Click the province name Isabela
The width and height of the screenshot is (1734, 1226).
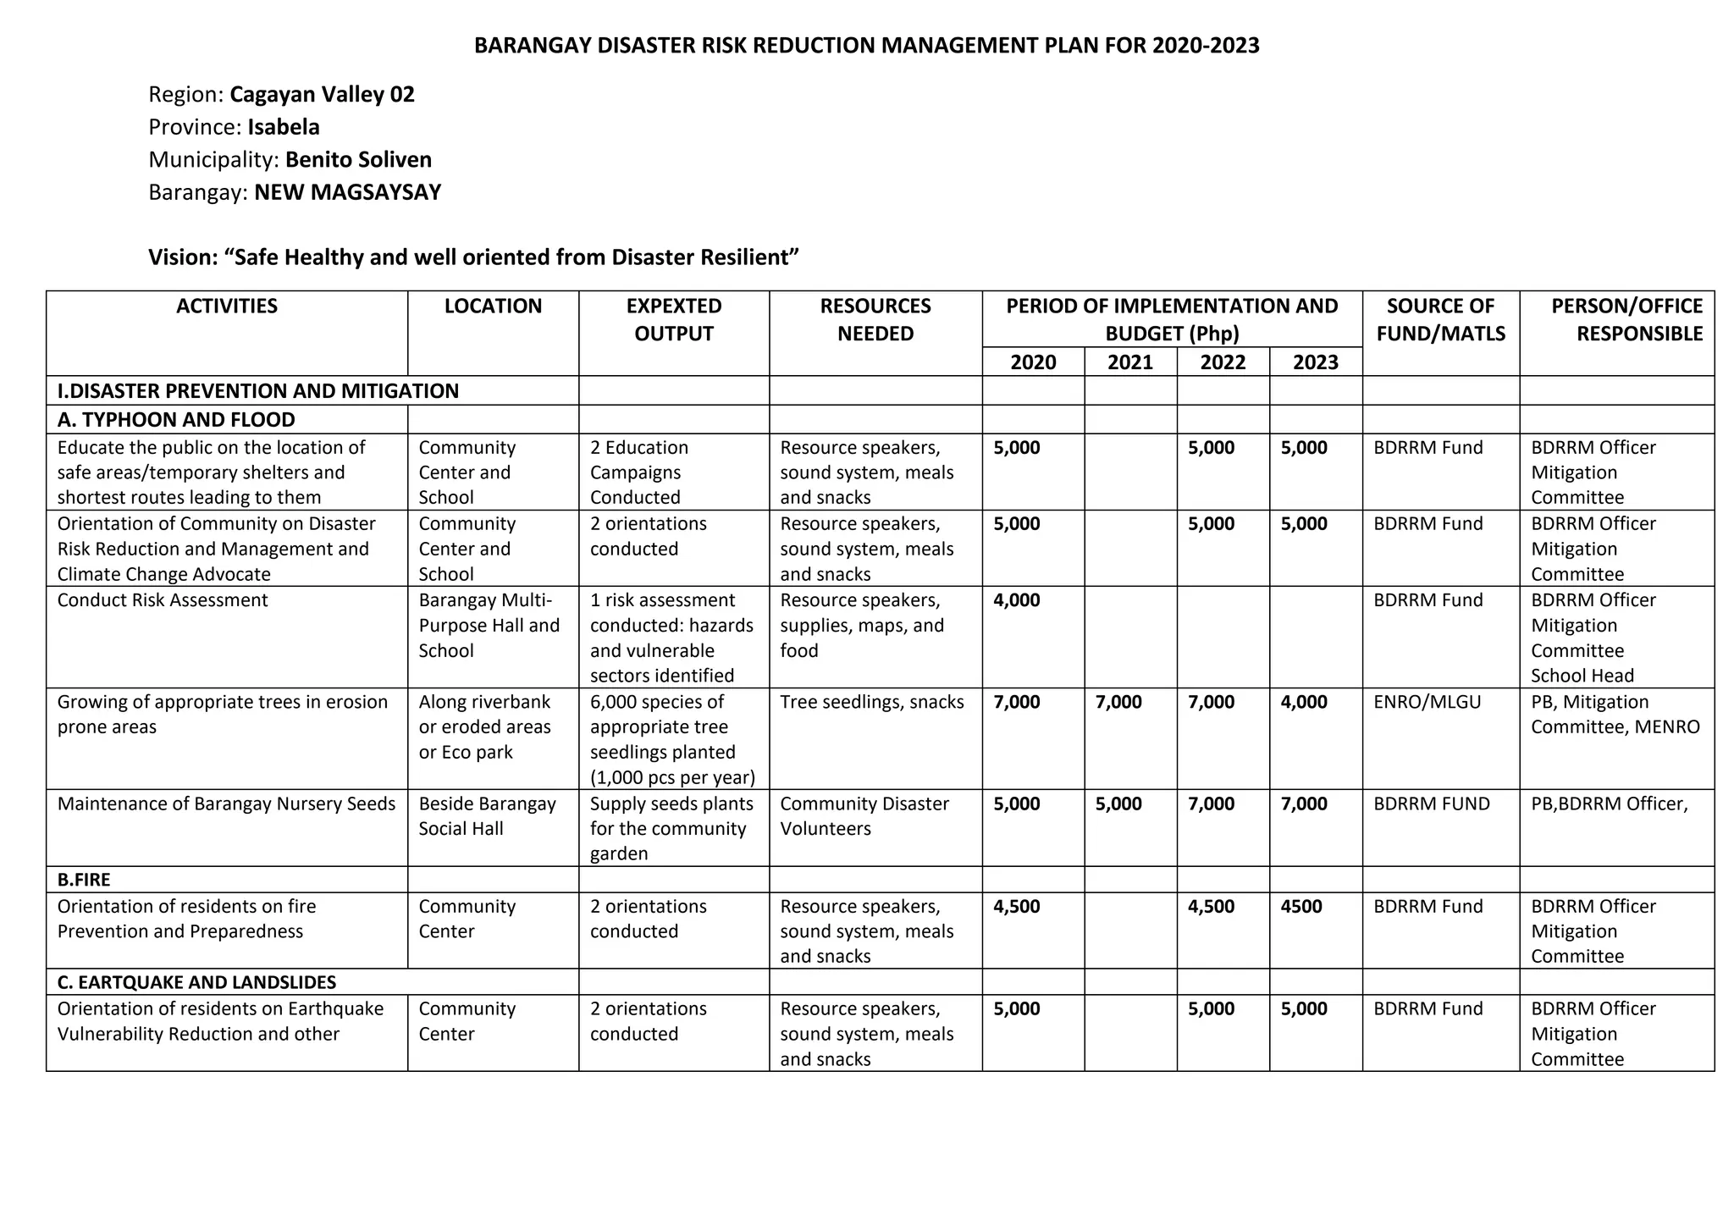[283, 127]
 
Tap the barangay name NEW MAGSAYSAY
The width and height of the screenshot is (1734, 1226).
[347, 192]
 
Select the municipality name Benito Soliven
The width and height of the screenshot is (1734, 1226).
[358, 160]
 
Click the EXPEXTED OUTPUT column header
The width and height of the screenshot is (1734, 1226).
[674, 320]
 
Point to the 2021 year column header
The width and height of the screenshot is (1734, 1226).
[1130, 362]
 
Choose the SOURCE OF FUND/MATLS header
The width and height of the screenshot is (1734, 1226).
[1440, 320]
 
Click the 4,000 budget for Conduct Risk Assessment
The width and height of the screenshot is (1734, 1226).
[1016, 600]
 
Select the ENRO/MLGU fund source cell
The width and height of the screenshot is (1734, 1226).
[1427, 702]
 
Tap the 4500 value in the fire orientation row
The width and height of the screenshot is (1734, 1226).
[1301, 907]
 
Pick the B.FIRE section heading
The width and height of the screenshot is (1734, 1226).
[84, 880]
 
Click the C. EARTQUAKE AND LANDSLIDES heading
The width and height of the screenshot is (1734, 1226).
[196, 982]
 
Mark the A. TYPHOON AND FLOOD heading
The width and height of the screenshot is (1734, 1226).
[176, 420]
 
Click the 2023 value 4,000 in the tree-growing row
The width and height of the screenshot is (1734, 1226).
[1304, 702]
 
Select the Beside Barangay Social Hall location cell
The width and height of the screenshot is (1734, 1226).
[486, 816]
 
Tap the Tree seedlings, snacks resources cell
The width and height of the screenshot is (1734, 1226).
[871, 702]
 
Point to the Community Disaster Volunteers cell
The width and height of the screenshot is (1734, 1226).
[864, 816]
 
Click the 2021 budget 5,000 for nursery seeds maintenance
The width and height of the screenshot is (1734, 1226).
[1118, 804]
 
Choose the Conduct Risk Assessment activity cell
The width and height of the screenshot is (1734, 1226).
[163, 600]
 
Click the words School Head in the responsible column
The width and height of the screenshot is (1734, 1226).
[1582, 676]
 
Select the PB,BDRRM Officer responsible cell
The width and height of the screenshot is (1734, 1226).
[1609, 804]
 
